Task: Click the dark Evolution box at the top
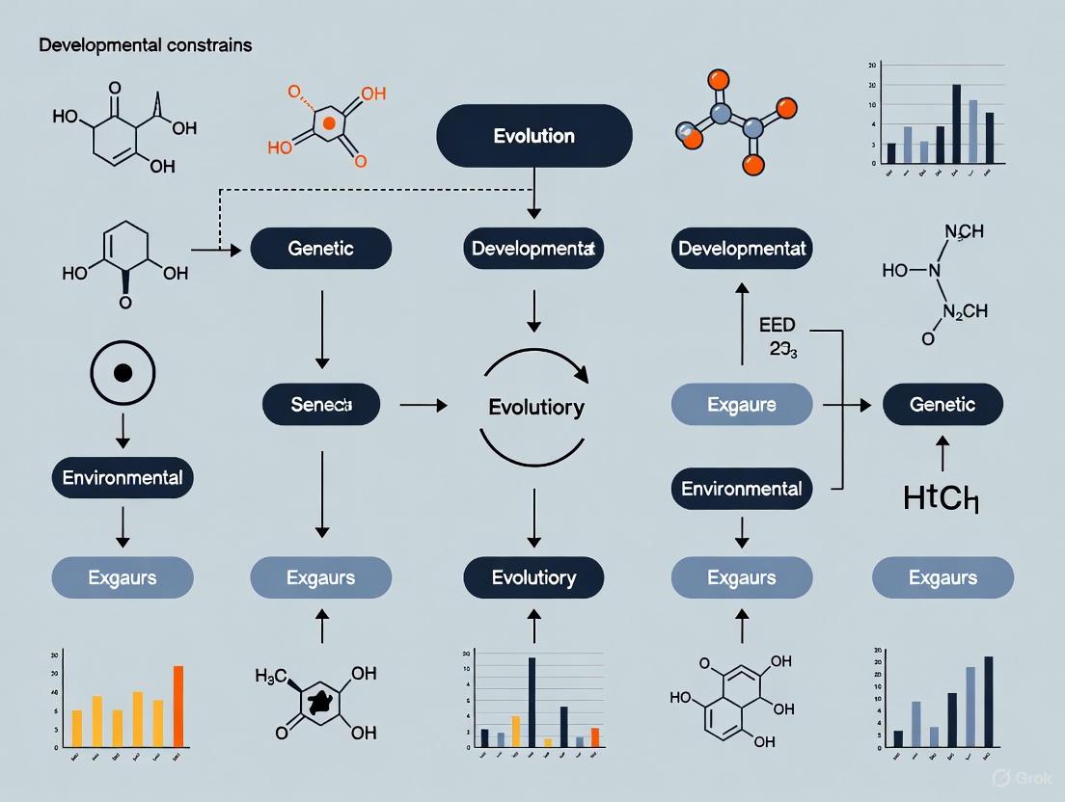pyautogui.click(x=533, y=136)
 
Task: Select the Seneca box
pyautogui.click(x=321, y=405)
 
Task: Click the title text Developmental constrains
pyautogui.click(x=145, y=45)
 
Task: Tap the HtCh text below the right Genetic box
pyautogui.click(x=942, y=498)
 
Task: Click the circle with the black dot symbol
pyautogui.click(x=123, y=372)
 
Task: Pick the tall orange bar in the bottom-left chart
pyautogui.click(x=177, y=706)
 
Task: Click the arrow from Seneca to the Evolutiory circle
pyautogui.click(x=423, y=406)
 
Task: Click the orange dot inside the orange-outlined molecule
pyautogui.click(x=329, y=122)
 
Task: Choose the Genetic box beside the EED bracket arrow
pyautogui.click(x=942, y=405)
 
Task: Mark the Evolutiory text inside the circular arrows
pyautogui.click(x=536, y=407)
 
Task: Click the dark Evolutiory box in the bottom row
pyautogui.click(x=533, y=577)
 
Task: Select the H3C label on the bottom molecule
pyautogui.click(x=271, y=677)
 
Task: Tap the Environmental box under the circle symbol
pyautogui.click(x=123, y=478)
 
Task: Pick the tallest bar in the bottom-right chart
pyautogui.click(x=988, y=701)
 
